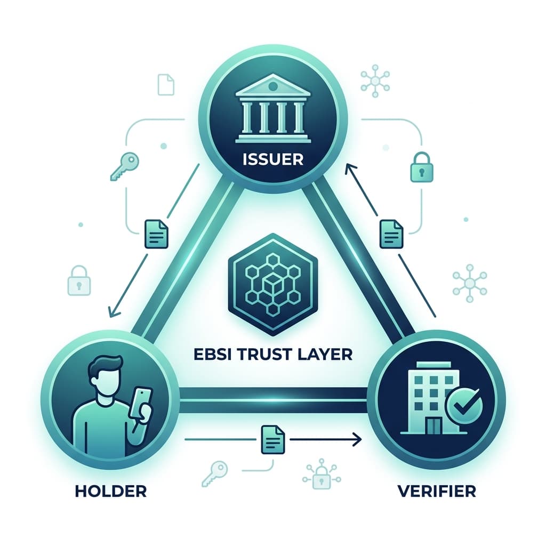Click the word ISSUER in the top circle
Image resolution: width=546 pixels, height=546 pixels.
click(272, 159)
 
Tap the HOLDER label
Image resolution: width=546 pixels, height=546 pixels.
click(111, 491)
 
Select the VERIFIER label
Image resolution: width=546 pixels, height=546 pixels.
click(437, 491)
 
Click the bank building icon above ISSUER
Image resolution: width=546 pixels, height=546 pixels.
click(273, 108)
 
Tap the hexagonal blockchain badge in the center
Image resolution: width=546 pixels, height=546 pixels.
click(272, 285)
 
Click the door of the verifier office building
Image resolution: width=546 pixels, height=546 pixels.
click(433, 425)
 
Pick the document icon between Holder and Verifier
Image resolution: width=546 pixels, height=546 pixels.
click(272, 439)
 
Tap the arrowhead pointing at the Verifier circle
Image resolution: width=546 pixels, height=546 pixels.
click(357, 439)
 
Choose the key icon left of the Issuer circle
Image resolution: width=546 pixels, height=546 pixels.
click(124, 167)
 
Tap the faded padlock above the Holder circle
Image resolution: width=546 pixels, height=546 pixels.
click(79, 280)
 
